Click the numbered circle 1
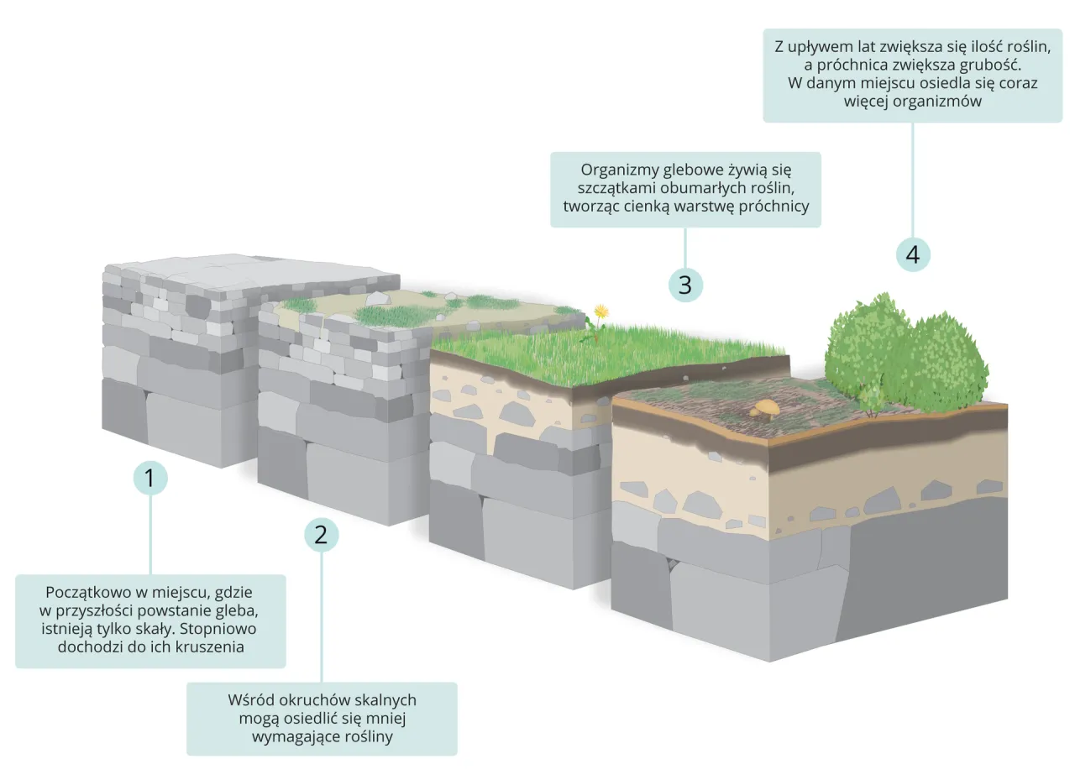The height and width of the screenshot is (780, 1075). [150, 479]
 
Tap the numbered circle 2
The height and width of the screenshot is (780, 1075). [321, 533]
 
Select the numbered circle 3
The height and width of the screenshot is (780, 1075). [685, 285]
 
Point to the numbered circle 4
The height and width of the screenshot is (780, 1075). [913, 254]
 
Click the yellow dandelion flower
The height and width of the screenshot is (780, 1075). [600, 311]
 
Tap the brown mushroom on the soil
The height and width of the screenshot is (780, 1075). [765, 407]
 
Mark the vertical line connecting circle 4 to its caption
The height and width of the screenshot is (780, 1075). [913, 180]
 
